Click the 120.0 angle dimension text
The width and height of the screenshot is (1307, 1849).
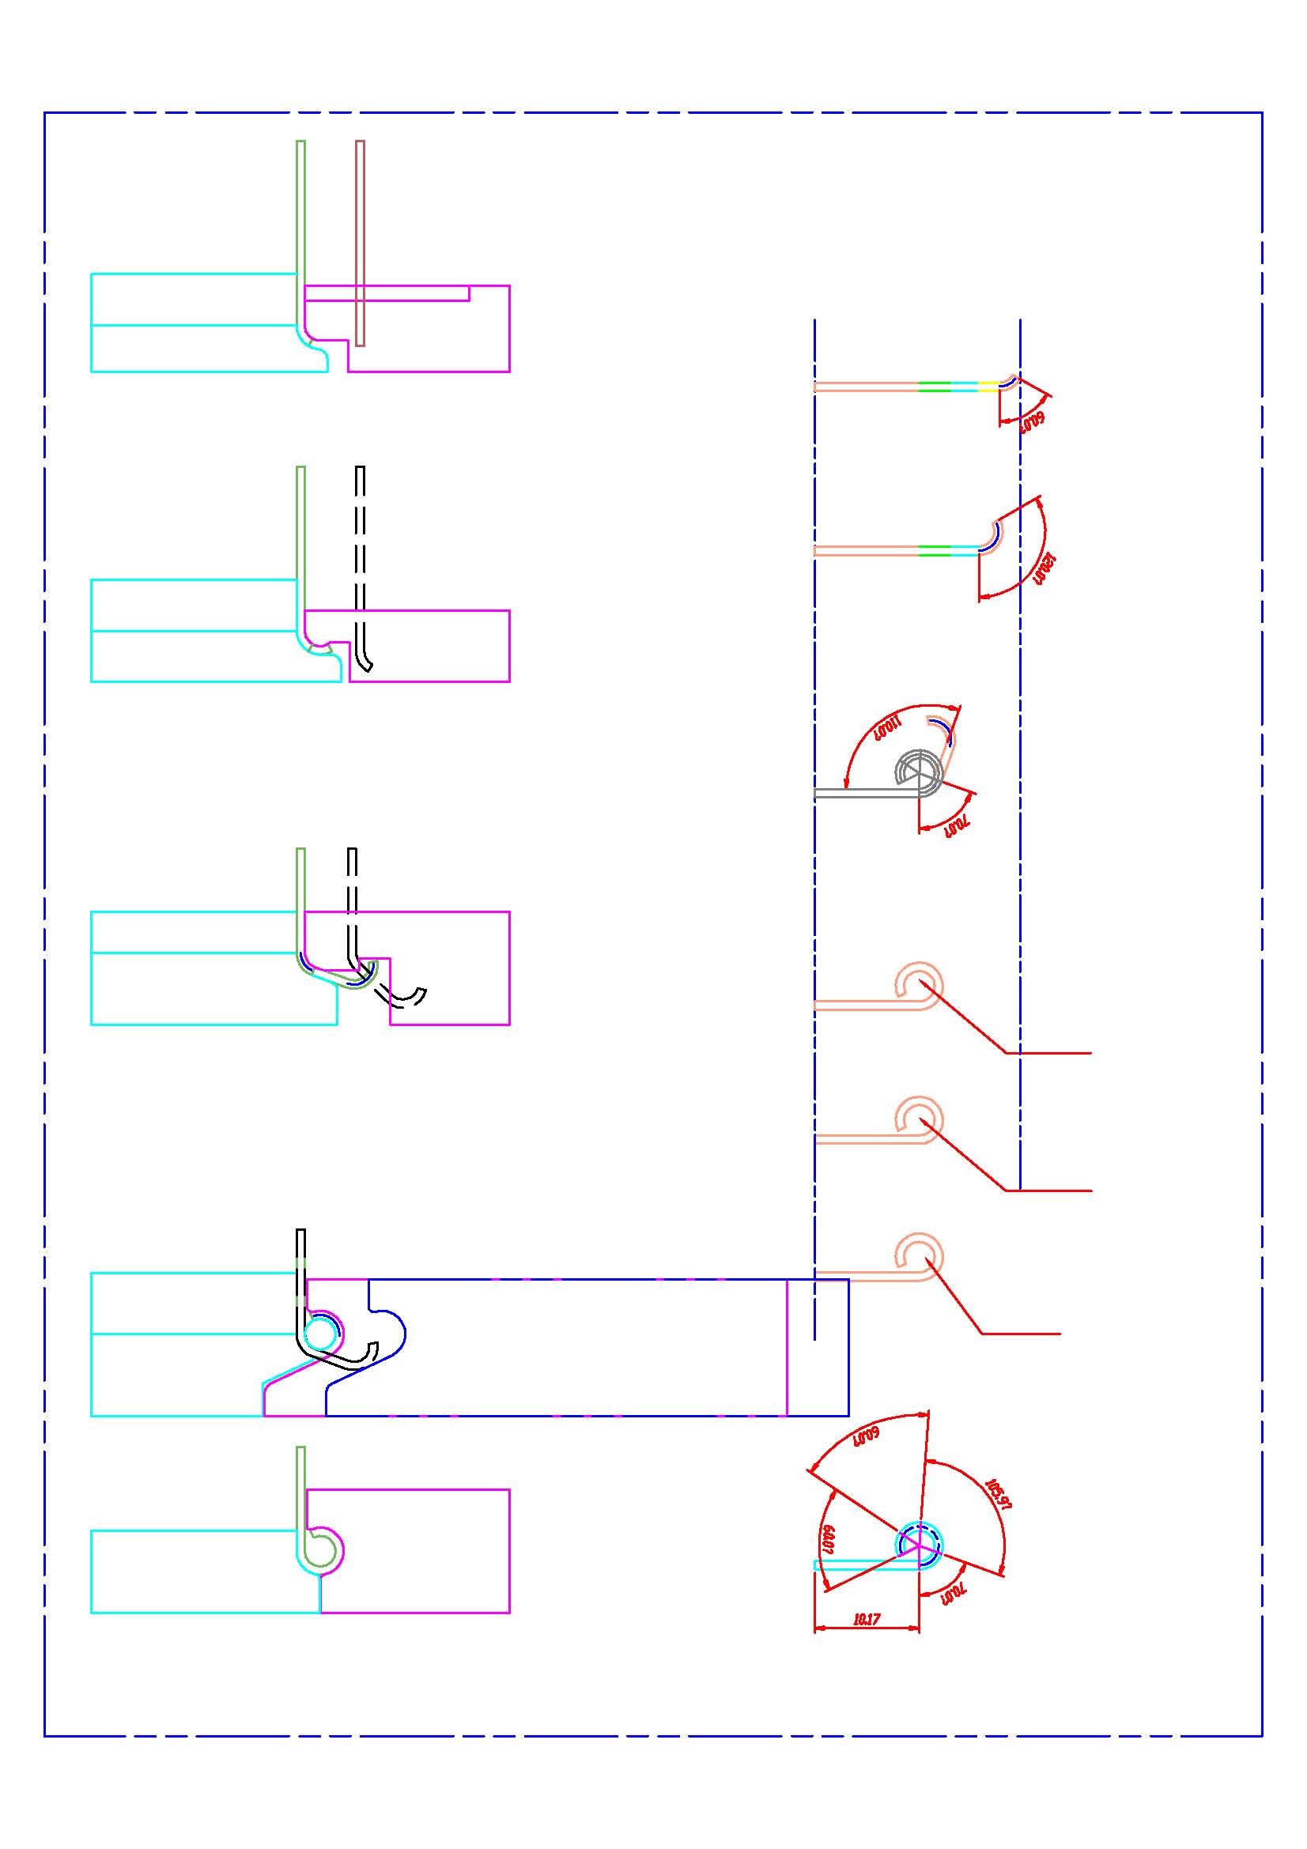[x=1044, y=569]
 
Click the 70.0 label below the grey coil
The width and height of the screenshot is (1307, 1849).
[x=957, y=826]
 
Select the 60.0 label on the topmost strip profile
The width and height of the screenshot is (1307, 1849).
[x=1033, y=421]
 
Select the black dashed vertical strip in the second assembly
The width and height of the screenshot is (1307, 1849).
[x=360, y=548]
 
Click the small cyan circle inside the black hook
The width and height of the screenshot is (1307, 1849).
[x=320, y=1334]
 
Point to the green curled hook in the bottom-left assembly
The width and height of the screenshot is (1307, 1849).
[x=320, y=1546]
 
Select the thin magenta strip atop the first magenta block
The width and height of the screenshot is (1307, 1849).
[x=387, y=293]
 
